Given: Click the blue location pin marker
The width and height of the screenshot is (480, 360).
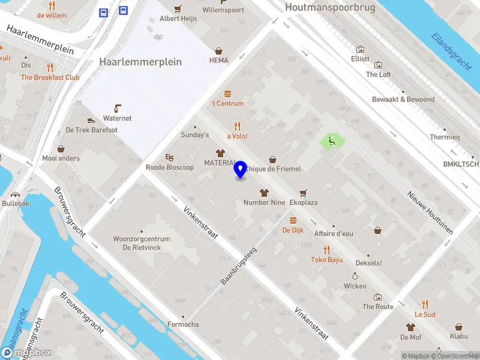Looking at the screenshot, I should [x=241, y=169].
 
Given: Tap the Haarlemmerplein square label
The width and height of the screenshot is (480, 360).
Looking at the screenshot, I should [x=140, y=62].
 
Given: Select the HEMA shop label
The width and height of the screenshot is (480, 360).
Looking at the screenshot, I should [x=219, y=61].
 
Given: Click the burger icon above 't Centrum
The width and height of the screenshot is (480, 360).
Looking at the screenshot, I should [x=227, y=94].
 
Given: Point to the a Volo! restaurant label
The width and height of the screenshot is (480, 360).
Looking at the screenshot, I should [x=237, y=136].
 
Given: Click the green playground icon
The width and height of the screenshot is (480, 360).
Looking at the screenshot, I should [x=332, y=142].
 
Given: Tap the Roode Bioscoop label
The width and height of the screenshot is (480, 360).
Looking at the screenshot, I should [x=170, y=167].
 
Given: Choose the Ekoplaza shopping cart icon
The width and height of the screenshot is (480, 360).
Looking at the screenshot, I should [x=303, y=193].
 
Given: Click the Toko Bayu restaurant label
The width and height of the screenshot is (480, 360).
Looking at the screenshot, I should [x=326, y=260].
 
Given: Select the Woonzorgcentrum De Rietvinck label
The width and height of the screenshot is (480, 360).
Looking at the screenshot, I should [x=142, y=243].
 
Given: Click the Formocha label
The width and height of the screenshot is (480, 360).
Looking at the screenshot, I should [x=183, y=325].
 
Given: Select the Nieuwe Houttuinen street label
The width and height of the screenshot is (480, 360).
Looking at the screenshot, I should [x=429, y=212].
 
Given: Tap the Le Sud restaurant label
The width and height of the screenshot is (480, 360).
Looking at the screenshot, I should [x=425, y=314].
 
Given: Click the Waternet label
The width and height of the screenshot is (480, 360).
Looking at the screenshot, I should [x=117, y=118].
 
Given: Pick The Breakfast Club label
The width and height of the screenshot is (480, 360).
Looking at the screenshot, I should [x=50, y=77].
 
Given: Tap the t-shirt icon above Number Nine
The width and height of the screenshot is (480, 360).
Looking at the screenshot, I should [x=264, y=193].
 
